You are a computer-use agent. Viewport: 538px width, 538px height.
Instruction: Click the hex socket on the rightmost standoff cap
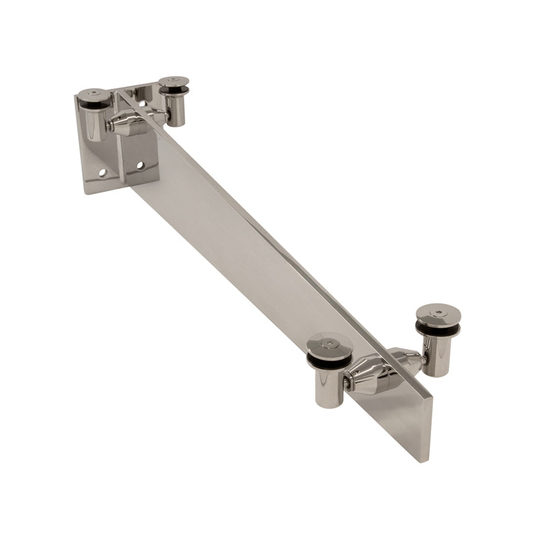point(438,313)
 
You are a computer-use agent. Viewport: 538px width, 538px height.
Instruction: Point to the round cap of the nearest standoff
point(330,344)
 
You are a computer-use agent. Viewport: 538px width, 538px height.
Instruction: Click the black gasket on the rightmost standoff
point(438,329)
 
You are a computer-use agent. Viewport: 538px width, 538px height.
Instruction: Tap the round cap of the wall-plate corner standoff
point(93,95)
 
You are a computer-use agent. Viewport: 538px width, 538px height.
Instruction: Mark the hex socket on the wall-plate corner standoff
point(93,93)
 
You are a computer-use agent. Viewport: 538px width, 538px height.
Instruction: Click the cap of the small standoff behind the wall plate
point(174,82)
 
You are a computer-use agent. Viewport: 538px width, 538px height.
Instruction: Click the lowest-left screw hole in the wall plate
point(102,173)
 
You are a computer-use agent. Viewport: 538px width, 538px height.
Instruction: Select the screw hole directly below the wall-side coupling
point(140,165)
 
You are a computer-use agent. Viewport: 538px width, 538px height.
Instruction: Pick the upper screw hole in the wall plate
point(142,103)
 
